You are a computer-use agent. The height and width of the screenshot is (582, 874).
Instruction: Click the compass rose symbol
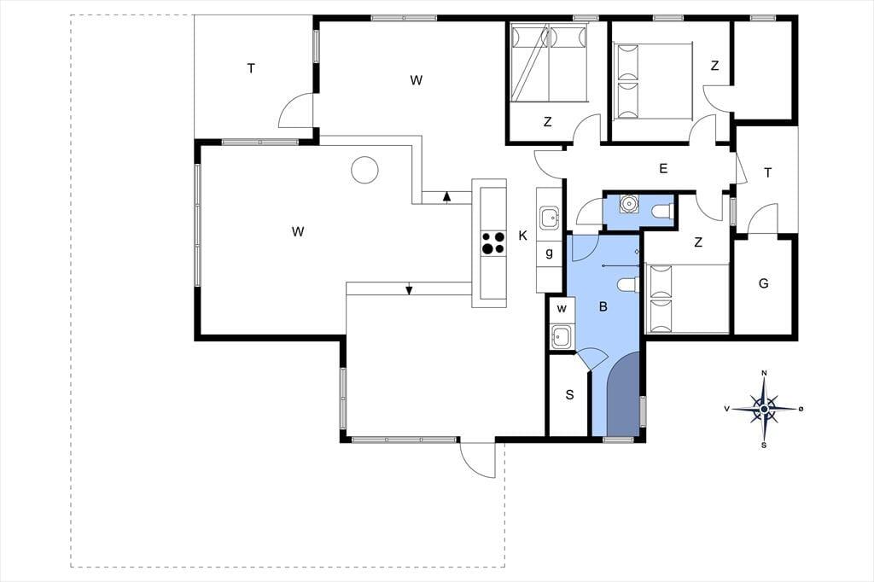click(x=764, y=409)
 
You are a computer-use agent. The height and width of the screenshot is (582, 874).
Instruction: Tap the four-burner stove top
click(x=493, y=243)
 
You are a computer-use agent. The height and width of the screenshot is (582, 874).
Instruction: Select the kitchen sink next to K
click(x=549, y=217)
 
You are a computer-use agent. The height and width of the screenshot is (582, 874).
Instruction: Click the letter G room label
click(x=764, y=283)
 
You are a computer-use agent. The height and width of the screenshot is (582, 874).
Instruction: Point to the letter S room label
click(x=569, y=395)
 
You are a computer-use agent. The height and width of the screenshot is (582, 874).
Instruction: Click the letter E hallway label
click(x=663, y=168)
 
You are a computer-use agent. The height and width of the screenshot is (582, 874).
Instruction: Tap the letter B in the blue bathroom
click(x=603, y=306)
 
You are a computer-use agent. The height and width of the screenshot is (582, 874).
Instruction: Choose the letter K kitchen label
click(x=523, y=236)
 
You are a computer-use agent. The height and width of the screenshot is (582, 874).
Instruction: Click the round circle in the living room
click(x=364, y=169)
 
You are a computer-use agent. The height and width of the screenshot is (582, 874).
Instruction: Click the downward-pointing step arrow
click(x=409, y=289)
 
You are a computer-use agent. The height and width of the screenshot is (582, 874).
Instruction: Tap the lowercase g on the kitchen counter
click(x=550, y=253)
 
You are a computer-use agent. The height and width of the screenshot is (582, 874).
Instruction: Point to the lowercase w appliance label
click(x=562, y=308)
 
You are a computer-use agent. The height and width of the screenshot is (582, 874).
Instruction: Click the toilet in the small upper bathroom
click(x=663, y=212)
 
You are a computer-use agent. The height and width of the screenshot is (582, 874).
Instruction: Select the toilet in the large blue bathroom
click(x=628, y=284)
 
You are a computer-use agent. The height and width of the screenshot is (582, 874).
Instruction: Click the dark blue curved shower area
click(x=623, y=395)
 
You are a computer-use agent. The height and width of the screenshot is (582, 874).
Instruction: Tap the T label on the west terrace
click(x=252, y=68)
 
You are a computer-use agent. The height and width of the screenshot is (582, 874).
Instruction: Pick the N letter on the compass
click(x=765, y=373)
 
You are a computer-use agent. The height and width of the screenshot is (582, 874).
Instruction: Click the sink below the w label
click(x=561, y=337)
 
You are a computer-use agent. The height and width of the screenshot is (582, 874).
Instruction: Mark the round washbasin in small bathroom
click(x=630, y=203)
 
